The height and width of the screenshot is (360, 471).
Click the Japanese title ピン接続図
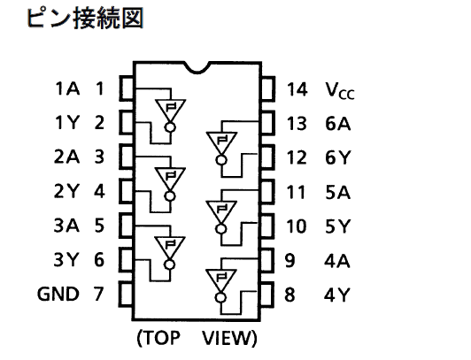coord(85,19)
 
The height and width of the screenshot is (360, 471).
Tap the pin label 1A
coord(67,88)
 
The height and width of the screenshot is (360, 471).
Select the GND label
coord(58,294)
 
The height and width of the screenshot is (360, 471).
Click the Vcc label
coord(340,90)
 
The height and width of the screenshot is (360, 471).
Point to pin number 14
coord(297,89)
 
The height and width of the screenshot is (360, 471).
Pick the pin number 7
coord(99,294)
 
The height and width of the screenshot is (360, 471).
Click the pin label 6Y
coord(337,157)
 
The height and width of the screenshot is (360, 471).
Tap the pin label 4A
coord(337,261)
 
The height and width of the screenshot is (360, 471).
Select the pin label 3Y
coord(66,260)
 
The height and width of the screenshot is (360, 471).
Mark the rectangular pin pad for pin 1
coord(127,88)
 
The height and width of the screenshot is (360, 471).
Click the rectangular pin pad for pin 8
coord(266,295)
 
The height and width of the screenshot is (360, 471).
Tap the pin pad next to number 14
coord(267,88)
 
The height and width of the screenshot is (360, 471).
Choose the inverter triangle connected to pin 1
coord(170,111)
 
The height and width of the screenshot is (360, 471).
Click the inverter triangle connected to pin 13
coord(221,143)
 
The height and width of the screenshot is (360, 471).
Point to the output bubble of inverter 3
coord(170,264)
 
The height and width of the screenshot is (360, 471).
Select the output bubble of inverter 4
coord(220,298)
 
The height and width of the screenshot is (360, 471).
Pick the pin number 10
coord(297,226)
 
